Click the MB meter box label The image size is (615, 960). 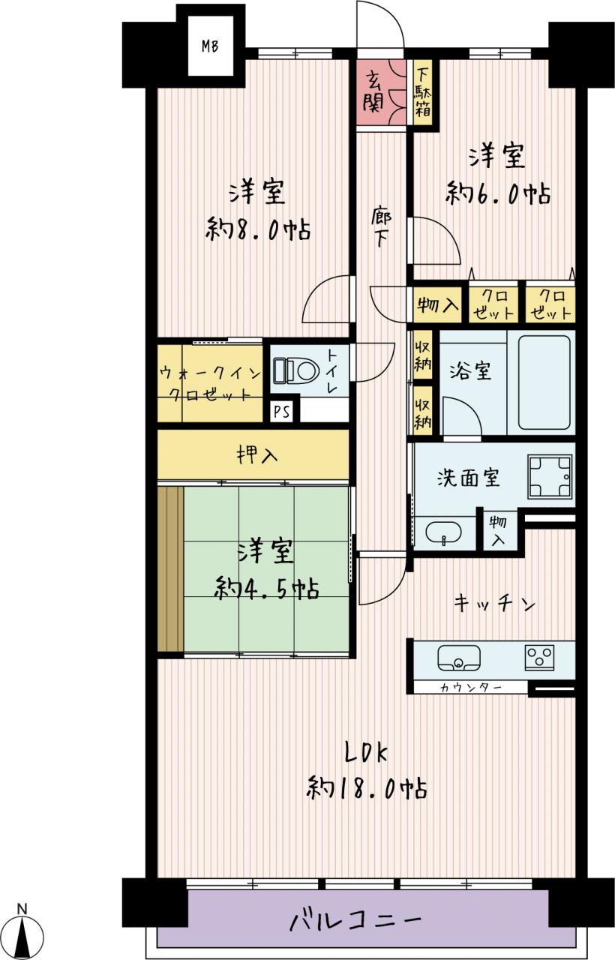coord(210,46)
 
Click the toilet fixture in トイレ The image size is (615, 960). coord(296,370)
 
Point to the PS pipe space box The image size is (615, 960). coord(281,412)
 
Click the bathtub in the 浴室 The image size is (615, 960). coord(544,382)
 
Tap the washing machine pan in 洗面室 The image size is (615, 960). coord(550,476)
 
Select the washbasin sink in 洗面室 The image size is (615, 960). coord(443,532)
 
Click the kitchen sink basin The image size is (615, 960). coord(458,658)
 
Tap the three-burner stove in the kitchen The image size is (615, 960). coord(539,658)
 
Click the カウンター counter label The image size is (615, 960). coord(470,688)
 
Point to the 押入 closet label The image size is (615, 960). coord(257,454)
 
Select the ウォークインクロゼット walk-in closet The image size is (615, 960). coord(210,383)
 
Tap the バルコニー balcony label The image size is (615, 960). coord(355,919)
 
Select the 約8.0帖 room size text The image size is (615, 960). coord(258,229)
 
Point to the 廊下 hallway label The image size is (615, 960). coord(380,227)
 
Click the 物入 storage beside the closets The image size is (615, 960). coord(437,304)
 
